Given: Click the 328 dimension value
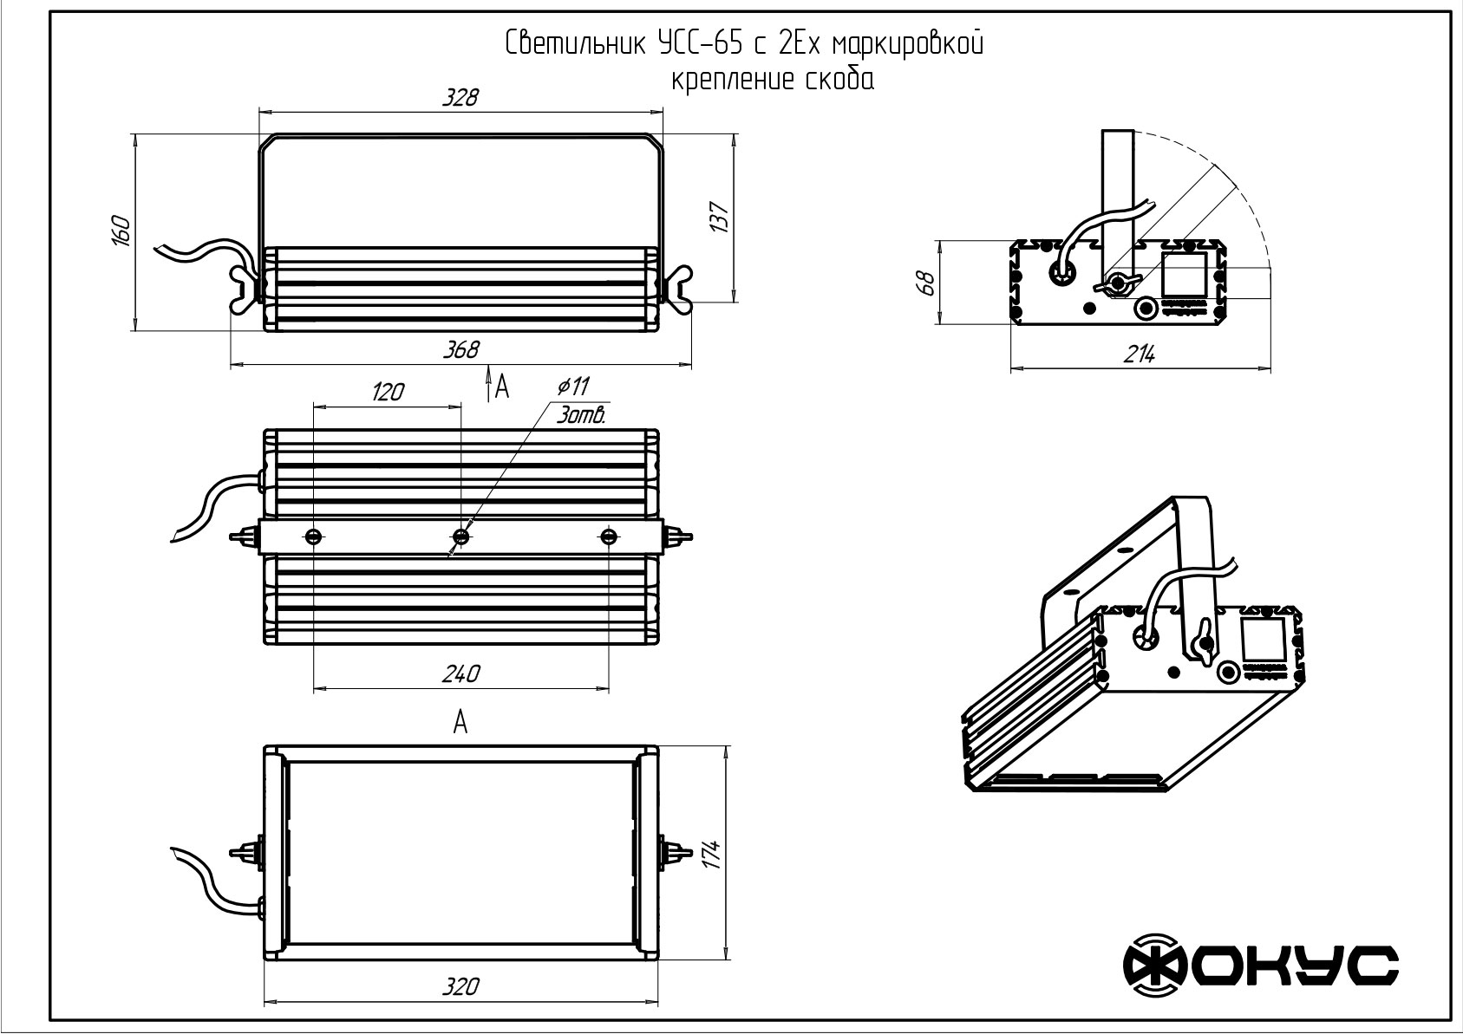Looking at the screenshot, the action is pyautogui.click(x=460, y=98).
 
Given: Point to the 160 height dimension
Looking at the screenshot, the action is pyautogui.click(x=121, y=231).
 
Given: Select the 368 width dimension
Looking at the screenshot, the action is pyautogui.click(x=461, y=350).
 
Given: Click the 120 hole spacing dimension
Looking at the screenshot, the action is pyautogui.click(x=388, y=393).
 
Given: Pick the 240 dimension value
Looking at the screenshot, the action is pyautogui.click(x=461, y=673).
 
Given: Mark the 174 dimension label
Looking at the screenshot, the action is pyautogui.click(x=712, y=855).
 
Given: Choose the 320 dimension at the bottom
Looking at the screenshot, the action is pyautogui.click(x=461, y=986).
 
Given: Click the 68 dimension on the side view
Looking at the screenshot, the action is pyautogui.click(x=927, y=283).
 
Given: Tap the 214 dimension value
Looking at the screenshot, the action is pyautogui.click(x=1139, y=354).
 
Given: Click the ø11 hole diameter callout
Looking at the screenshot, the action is pyautogui.click(x=574, y=387).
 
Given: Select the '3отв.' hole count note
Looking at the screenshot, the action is pyautogui.click(x=581, y=415).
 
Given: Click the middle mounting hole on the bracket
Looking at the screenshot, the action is pyautogui.click(x=461, y=537).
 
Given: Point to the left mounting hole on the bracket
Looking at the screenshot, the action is pyautogui.click(x=314, y=537).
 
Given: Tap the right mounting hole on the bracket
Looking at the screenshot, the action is pyautogui.click(x=609, y=537).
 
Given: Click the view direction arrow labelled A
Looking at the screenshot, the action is pyautogui.click(x=488, y=385).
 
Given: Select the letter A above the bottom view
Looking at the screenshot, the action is pyautogui.click(x=460, y=723).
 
